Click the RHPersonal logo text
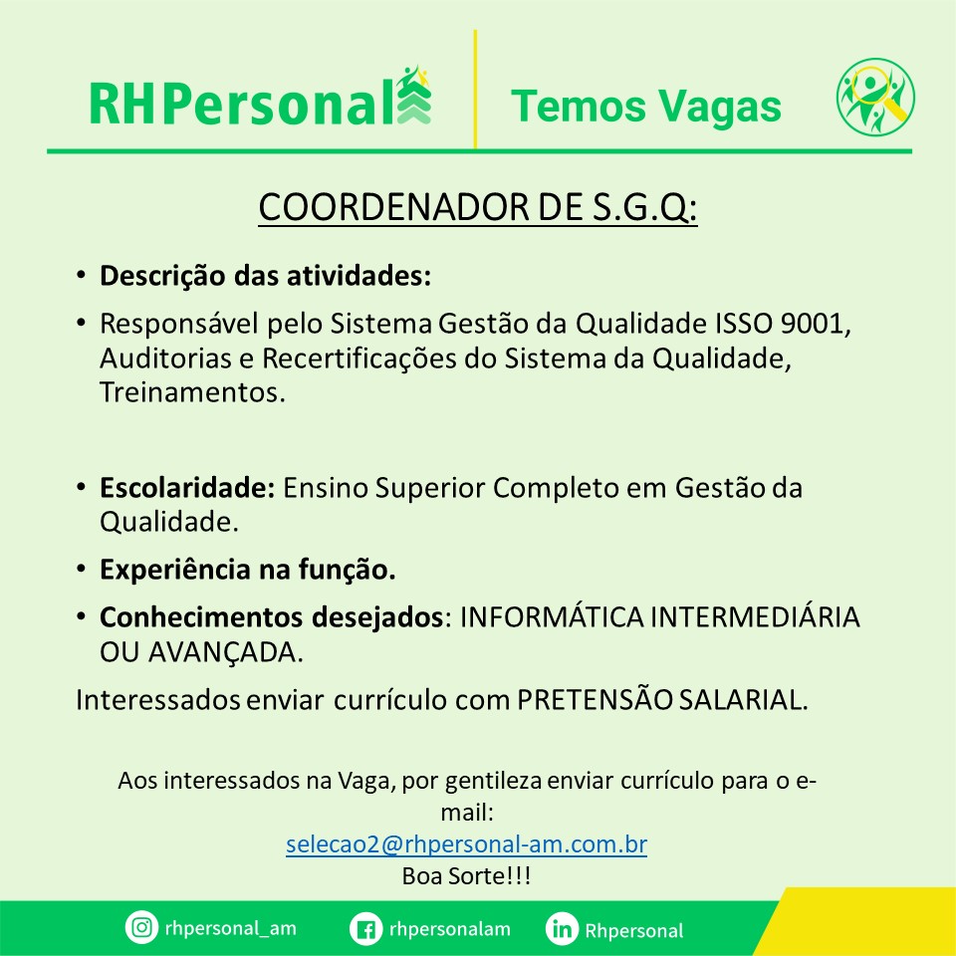tap(242, 104)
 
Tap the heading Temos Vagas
tap(645, 107)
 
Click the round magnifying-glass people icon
tap(875, 97)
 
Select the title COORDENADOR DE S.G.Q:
tap(477, 208)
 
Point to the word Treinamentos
tap(192, 392)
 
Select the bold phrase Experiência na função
tap(248, 570)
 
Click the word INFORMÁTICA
tap(551, 617)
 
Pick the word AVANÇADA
tap(225, 653)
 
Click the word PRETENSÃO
tap(595, 699)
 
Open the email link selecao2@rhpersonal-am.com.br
tap(466, 843)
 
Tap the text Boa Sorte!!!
tap(466, 876)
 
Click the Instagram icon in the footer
tap(141, 927)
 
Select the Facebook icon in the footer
tap(365, 929)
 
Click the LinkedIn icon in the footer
tap(562, 929)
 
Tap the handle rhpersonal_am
tap(230, 928)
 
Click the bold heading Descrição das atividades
tap(265, 276)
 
